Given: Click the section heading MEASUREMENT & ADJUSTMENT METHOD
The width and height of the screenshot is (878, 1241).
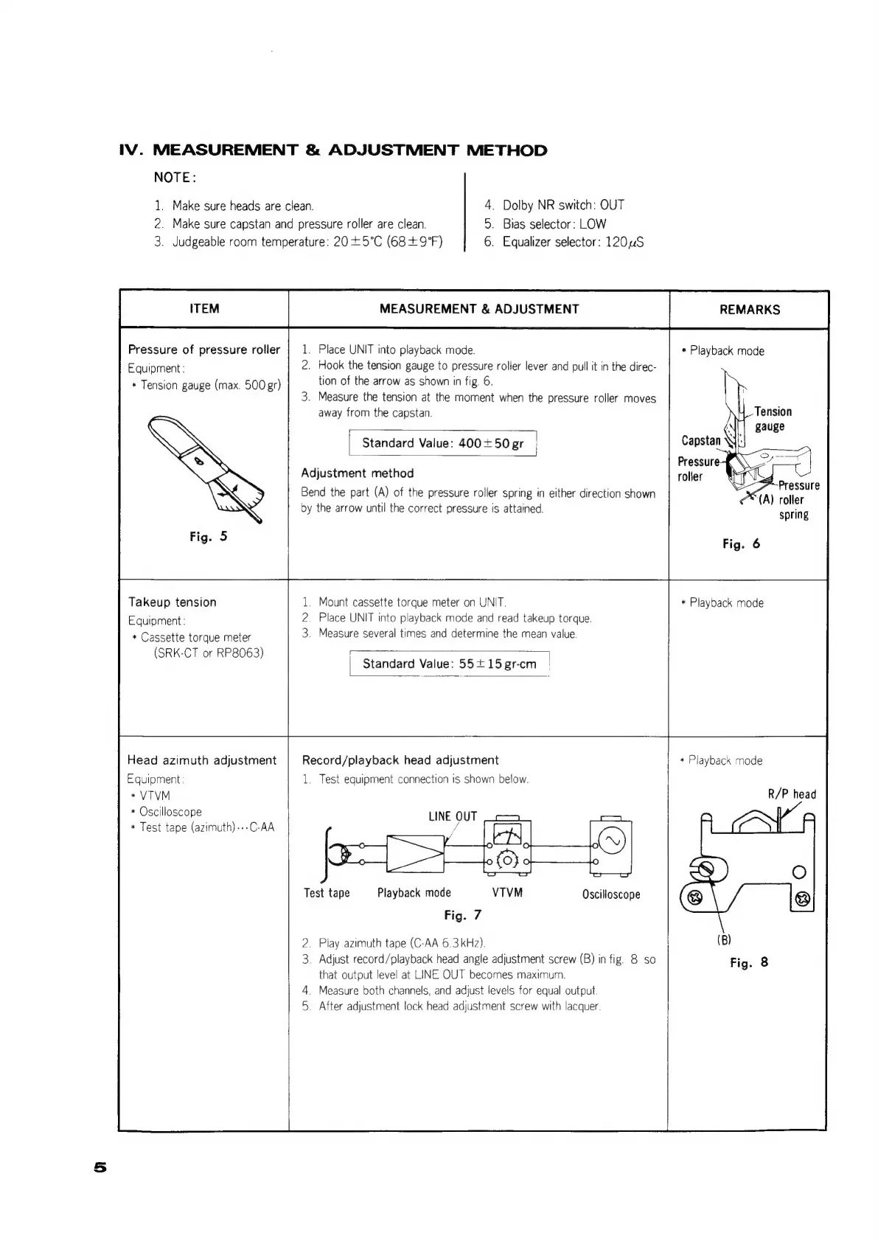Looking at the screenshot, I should pyautogui.click(x=333, y=150).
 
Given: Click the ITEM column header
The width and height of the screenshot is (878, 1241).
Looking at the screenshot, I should pyautogui.click(x=204, y=309).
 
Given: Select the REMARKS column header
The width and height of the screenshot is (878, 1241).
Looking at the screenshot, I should pyautogui.click(x=749, y=310).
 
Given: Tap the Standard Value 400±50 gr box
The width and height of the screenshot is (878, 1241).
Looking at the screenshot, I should pyautogui.click(x=442, y=443).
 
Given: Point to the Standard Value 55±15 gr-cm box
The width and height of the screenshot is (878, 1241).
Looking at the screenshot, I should pyautogui.click(x=449, y=664).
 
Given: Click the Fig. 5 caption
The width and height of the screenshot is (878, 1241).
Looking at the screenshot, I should pyautogui.click(x=208, y=537).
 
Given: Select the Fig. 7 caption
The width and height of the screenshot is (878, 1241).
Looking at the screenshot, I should pyautogui.click(x=462, y=915).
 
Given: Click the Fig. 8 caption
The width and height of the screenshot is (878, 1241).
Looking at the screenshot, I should pyautogui.click(x=748, y=962).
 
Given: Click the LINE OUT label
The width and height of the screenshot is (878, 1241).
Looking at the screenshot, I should pyautogui.click(x=453, y=816).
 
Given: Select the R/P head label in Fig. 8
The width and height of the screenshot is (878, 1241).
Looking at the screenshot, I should pyautogui.click(x=792, y=794).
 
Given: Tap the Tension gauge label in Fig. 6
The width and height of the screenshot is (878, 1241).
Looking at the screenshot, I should pyautogui.click(x=772, y=419).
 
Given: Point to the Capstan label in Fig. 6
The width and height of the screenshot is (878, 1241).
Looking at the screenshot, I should pyautogui.click(x=700, y=440).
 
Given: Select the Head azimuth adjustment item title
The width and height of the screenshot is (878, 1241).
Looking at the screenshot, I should pyautogui.click(x=202, y=760).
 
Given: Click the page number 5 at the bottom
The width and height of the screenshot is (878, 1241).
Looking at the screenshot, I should pyautogui.click(x=100, y=1167).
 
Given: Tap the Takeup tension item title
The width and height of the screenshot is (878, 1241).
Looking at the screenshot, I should pyautogui.click(x=173, y=602).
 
